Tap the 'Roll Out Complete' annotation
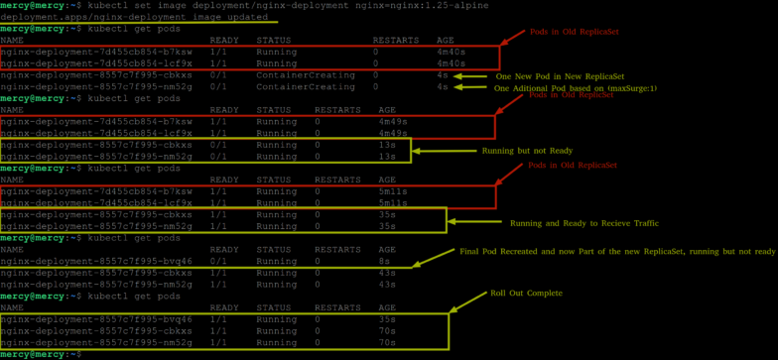coord(526,294)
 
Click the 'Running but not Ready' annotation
coord(527,151)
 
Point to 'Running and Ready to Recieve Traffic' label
coord(583,223)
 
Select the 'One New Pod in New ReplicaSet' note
coord(560,76)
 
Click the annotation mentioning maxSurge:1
coord(575,88)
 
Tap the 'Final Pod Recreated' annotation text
coord(615,252)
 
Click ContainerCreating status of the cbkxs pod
coord(305,75)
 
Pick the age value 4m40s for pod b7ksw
coord(451,52)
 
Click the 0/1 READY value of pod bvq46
coord(218,261)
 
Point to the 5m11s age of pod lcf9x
coord(392,203)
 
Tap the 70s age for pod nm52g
coord(386,342)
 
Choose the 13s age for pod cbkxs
coord(386,145)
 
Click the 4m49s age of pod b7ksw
coord(392,122)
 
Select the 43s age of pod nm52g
coord(386,285)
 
